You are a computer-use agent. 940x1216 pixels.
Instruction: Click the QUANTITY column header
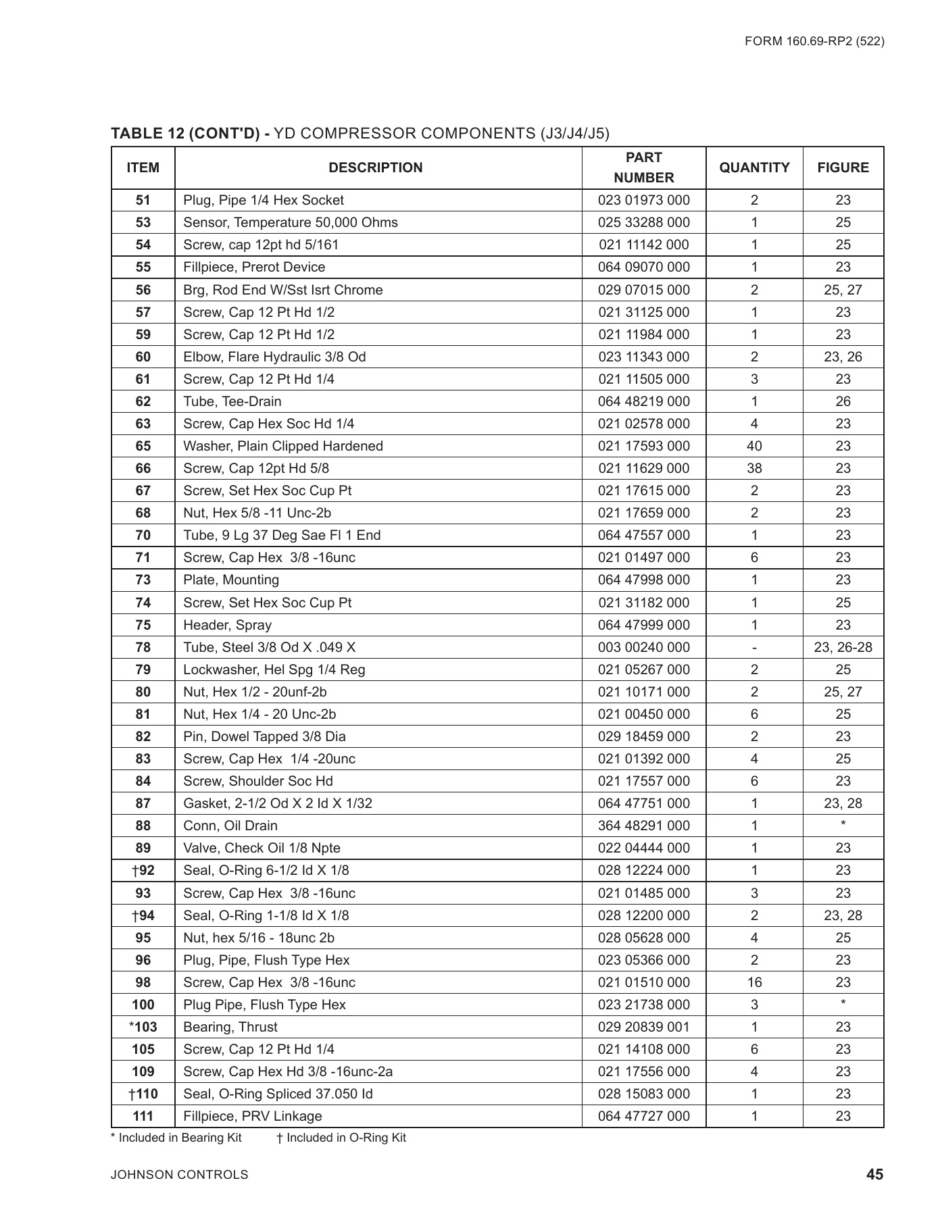click(x=754, y=168)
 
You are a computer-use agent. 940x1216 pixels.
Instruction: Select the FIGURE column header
click(x=843, y=168)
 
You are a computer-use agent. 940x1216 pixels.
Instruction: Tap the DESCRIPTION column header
click(x=376, y=168)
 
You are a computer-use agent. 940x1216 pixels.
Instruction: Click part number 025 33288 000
click(x=643, y=222)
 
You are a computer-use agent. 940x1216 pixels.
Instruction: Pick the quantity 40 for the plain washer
click(x=754, y=446)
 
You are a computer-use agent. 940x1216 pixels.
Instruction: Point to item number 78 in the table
click(x=143, y=647)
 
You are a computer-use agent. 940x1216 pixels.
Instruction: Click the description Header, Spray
click(x=227, y=625)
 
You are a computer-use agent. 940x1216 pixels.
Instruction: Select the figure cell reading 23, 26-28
click(x=843, y=647)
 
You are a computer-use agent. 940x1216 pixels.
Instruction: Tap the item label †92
click(x=143, y=870)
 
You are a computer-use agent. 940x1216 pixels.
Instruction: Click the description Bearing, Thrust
click(x=230, y=1027)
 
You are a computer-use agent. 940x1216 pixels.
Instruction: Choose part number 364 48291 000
click(x=643, y=826)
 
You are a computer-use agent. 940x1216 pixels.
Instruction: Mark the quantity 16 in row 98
click(x=754, y=982)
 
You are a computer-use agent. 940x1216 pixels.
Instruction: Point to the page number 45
click(x=874, y=1175)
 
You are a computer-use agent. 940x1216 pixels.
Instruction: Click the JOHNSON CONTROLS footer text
click(x=180, y=1175)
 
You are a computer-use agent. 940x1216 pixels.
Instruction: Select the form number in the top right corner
click(x=814, y=41)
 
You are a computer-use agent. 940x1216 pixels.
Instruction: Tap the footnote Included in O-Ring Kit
click(x=342, y=1138)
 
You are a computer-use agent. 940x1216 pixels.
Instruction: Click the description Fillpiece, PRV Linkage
click(x=253, y=1116)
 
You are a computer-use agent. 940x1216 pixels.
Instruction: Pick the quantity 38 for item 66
click(x=754, y=468)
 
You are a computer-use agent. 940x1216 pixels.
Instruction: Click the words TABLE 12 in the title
click(x=148, y=133)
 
